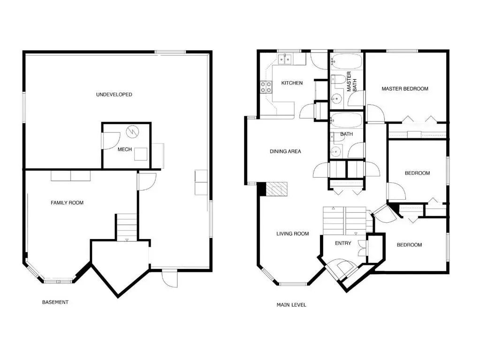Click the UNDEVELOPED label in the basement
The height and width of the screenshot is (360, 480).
click(x=114, y=95)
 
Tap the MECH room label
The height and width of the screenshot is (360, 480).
click(x=124, y=150)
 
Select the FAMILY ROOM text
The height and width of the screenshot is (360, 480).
click(x=67, y=203)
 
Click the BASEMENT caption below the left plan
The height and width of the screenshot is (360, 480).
click(x=55, y=302)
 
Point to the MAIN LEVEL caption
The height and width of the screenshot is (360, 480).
click(x=291, y=305)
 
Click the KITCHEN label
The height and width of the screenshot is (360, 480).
click(x=292, y=83)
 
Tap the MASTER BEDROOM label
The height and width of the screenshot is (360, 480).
click(x=405, y=89)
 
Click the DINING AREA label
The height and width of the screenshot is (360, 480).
click(x=285, y=151)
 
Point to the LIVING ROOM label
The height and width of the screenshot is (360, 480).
click(x=292, y=233)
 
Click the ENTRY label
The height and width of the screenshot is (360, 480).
click(x=343, y=243)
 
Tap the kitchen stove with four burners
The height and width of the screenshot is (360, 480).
click(x=266, y=87)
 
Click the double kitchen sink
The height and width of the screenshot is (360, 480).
click(x=285, y=59)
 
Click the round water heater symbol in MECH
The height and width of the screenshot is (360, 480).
click(x=133, y=132)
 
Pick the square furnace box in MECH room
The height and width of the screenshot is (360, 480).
click(x=141, y=154)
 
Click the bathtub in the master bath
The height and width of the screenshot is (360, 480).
click(x=347, y=61)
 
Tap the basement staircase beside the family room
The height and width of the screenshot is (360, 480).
click(x=127, y=227)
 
